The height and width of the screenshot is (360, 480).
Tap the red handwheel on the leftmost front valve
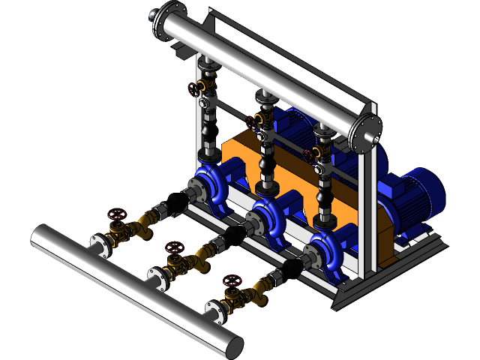pyautogui.click(x=115, y=216)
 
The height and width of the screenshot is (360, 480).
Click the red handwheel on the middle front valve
pyautogui.click(x=173, y=247)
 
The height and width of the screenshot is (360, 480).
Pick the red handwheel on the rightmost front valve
pyautogui.click(x=232, y=281)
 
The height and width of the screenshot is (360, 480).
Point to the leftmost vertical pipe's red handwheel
pyautogui.click(x=196, y=88)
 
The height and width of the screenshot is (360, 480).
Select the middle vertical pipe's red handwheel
pyautogui.click(x=253, y=120)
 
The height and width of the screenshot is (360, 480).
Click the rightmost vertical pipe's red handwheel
pyautogui.click(x=309, y=155)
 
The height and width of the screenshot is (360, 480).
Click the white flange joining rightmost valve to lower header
pyautogui.click(x=213, y=310)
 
